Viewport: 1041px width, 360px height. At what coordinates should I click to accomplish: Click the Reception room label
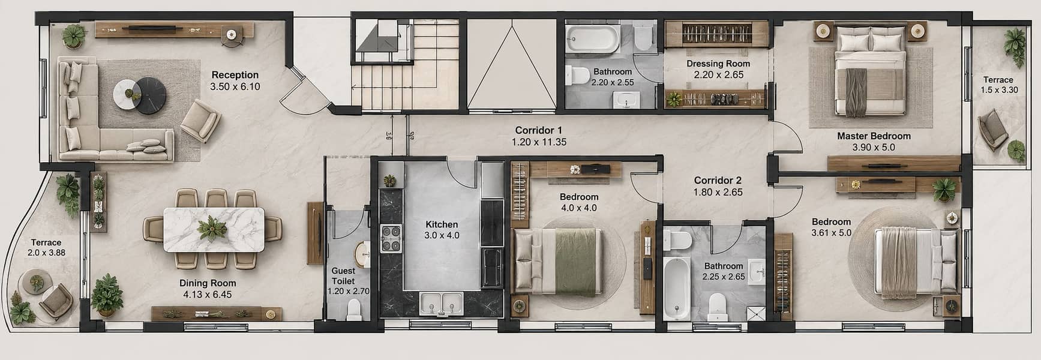[235, 75]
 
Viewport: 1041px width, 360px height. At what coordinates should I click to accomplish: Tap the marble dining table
[214, 229]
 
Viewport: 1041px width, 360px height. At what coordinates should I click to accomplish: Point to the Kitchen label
[442, 224]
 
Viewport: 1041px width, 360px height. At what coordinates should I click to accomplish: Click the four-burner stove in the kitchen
[391, 238]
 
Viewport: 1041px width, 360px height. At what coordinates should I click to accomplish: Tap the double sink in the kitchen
[441, 303]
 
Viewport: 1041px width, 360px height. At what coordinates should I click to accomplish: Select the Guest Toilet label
[343, 275]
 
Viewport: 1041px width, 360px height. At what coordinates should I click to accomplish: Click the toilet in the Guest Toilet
[354, 308]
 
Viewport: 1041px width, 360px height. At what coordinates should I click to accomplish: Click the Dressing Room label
[718, 64]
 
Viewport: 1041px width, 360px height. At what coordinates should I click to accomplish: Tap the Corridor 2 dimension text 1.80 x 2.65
[718, 193]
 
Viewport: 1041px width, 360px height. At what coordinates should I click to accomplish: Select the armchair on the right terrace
[992, 129]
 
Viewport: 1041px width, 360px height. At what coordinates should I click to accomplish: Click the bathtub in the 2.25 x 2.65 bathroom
[677, 289]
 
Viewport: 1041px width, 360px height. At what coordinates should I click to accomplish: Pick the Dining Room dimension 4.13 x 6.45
[208, 295]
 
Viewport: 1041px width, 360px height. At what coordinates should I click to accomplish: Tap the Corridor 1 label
[538, 130]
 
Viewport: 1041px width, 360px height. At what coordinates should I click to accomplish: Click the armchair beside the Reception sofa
[200, 120]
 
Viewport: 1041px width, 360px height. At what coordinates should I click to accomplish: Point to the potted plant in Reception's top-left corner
[74, 35]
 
